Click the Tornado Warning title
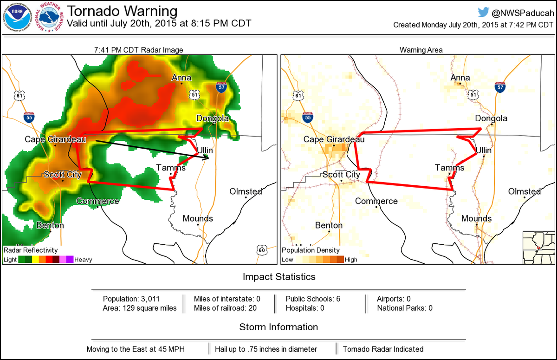pos(123,11)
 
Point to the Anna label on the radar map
pos(181,78)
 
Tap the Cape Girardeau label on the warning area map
pos(334,139)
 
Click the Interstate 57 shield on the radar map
pos(222,87)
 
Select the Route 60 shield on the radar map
pos(261,250)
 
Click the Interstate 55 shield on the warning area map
pos(307,118)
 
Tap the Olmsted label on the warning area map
pos(525,191)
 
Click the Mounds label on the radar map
pos(198,218)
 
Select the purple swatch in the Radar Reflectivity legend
pos(70,260)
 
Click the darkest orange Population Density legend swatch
pos(340,260)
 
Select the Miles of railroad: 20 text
pos(226,308)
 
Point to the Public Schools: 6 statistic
pos(313,299)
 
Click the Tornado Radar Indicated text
pos(383,349)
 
